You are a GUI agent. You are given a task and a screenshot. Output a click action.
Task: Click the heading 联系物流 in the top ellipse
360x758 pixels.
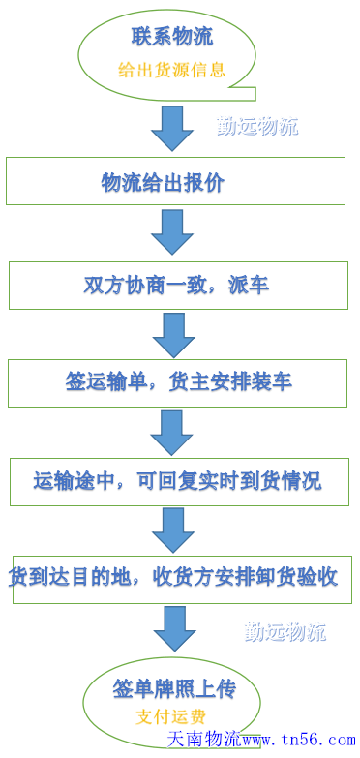[x=172, y=38]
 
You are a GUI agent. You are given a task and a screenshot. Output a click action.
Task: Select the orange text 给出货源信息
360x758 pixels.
[x=171, y=70]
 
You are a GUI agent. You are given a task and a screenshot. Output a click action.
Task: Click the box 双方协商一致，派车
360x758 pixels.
[x=176, y=286]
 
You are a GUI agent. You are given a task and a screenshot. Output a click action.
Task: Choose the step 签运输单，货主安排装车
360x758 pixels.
[x=178, y=381]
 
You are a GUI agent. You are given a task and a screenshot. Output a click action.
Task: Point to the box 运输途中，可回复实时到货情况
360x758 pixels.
[x=177, y=480]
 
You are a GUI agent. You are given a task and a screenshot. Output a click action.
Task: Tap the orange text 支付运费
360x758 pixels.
[x=170, y=717]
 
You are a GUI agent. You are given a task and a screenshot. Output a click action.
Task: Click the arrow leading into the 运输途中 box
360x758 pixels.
[x=171, y=432]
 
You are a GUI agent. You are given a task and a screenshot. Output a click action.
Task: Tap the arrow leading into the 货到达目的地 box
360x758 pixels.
[x=173, y=531]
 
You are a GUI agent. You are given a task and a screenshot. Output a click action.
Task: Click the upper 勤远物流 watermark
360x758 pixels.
[x=257, y=126]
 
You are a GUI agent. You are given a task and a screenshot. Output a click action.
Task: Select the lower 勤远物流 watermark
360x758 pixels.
[x=285, y=633]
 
